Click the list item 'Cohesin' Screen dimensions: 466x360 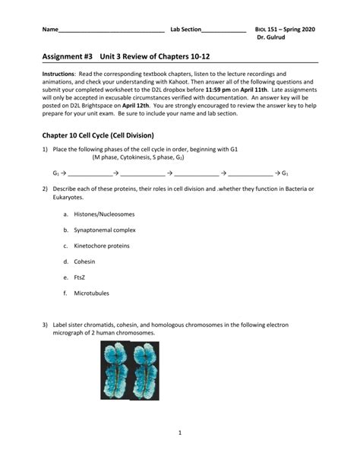(x=84, y=262)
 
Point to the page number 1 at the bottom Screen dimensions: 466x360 (x=180, y=433)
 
